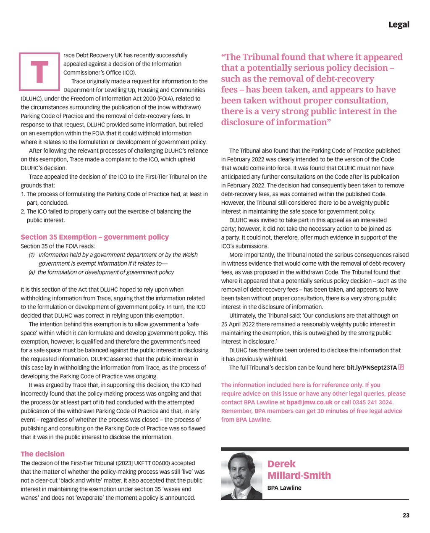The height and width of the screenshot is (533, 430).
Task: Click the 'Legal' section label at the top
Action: click(399, 25)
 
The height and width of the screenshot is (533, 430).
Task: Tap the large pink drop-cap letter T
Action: click(39, 71)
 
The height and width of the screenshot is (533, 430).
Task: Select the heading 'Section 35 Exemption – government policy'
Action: click(94, 237)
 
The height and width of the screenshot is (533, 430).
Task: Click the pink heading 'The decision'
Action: click(42, 454)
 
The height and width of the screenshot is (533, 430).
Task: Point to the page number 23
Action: click(406, 515)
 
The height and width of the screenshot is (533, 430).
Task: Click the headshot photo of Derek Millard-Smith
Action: click(241, 475)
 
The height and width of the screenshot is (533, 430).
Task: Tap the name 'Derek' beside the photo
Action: click(281, 464)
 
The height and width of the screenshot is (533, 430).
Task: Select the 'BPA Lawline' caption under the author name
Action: click(284, 488)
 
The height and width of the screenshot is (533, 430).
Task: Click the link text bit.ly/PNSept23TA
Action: click(372, 368)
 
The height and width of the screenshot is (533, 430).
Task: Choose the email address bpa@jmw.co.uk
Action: click(309, 402)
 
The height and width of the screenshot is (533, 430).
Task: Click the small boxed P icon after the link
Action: click(401, 367)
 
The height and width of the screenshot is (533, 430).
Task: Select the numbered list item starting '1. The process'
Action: click(114, 198)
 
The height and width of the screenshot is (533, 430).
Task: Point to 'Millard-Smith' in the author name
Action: click(299, 475)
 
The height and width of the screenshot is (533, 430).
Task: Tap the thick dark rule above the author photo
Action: click(315, 449)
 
